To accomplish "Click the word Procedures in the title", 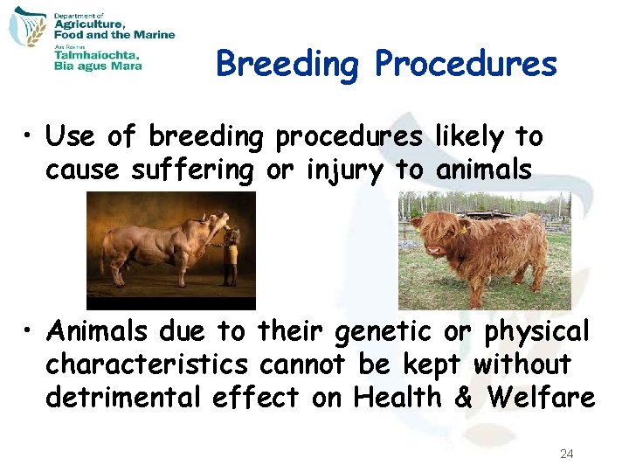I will tap(466, 64).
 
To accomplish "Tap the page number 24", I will tap(566, 455).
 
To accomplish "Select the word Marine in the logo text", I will tap(156, 35).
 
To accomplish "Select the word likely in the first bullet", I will tap(468, 137).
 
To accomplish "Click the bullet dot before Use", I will tap(29, 138).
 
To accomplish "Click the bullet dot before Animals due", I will tap(29, 332).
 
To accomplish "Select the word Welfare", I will tap(542, 398).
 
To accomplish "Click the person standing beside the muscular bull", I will tap(230, 255).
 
